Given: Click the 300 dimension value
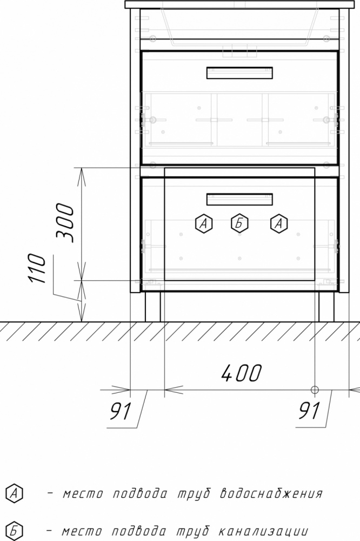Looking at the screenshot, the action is click(x=65, y=223).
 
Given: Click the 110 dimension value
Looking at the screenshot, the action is click(x=37, y=268).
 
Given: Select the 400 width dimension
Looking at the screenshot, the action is click(x=242, y=373).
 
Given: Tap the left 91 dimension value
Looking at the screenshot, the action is click(x=121, y=411).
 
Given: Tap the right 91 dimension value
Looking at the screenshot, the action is click(x=309, y=411).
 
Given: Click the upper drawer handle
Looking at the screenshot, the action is click(x=239, y=73).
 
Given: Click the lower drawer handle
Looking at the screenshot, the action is click(x=239, y=200).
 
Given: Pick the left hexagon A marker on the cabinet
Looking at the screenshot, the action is click(x=204, y=223).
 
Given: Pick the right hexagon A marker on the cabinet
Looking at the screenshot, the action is click(x=279, y=223).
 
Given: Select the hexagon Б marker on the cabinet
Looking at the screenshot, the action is click(x=239, y=223).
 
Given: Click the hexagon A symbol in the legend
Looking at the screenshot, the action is click(x=15, y=493).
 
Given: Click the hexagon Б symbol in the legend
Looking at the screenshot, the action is click(x=15, y=531).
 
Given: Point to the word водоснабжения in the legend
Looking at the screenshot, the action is click(x=271, y=493).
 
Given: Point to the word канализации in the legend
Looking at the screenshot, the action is click(x=263, y=531).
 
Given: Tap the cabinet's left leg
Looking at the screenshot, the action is click(x=152, y=307).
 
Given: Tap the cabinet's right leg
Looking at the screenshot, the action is click(x=326, y=307).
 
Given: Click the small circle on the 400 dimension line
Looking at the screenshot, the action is click(x=315, y=390).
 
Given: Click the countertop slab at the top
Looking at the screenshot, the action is click(x=239, y=4).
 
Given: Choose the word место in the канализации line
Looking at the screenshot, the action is click(x=82, y=531).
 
